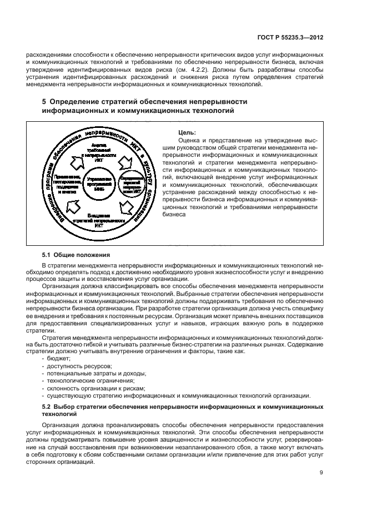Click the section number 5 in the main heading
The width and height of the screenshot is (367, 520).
(45, 102)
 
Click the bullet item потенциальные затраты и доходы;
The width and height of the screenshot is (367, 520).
(93, 374)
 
